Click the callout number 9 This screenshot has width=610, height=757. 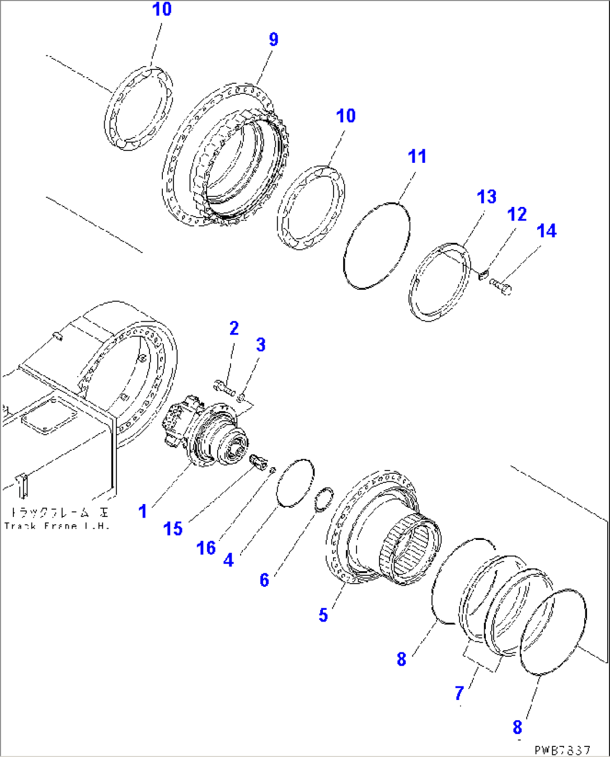click(273, 39)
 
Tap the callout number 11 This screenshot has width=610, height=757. click(417, 156)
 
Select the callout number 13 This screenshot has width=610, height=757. click(486, 197)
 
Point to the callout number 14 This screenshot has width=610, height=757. click(546, 231)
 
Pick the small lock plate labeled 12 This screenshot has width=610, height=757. click(484, 274)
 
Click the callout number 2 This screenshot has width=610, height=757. click(234, 328)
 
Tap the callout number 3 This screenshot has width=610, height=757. click(261, 345)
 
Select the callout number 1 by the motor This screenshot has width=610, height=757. click(143, 511)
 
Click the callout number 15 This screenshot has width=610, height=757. click(173, 528)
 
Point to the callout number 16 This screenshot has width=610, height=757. click(206, 548)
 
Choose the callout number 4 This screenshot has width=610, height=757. click(228, 559)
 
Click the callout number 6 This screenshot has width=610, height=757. click(264, 580)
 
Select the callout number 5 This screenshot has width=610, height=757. click(323, 615)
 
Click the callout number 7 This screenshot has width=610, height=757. click(459, 693)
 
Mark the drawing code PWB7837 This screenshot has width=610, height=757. click(562, 750)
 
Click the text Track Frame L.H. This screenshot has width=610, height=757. click(57, 525)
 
